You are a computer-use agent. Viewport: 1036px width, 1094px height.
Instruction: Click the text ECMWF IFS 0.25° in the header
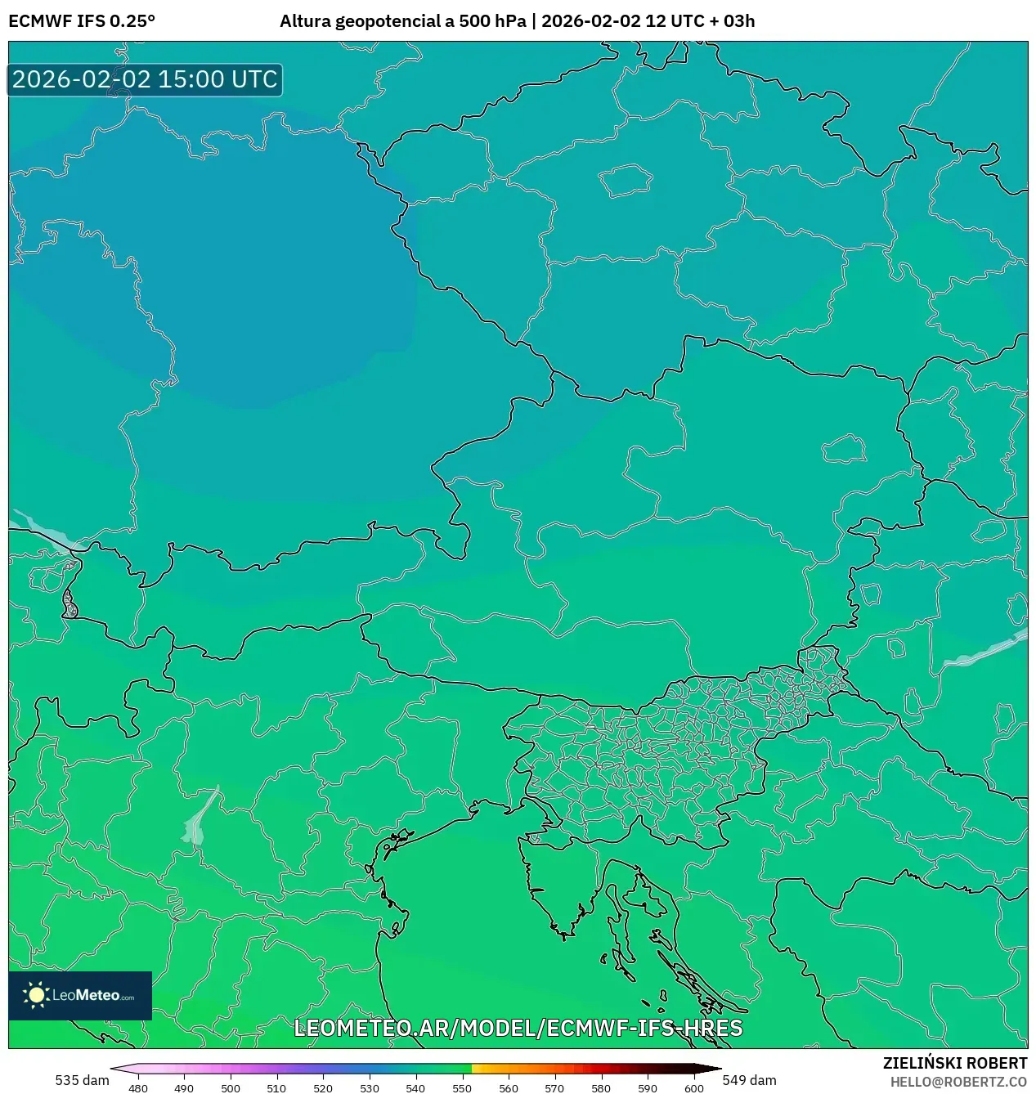click(82, 21)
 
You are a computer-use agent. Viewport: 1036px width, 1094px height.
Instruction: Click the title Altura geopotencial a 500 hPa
click(402, 21)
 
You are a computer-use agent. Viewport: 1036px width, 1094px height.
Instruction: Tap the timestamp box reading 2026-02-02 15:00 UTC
click(145, 80)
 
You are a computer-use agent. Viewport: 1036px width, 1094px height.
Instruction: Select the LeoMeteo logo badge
click(80, 995)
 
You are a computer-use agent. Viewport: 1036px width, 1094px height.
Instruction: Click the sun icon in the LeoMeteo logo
click(36, 994)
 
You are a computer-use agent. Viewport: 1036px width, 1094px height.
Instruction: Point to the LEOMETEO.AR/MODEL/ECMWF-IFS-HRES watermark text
click(518, 1028)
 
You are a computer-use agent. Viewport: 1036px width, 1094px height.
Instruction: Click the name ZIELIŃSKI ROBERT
click(954, 1063)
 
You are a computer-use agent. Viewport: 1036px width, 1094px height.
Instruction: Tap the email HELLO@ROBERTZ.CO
click(958, 1082)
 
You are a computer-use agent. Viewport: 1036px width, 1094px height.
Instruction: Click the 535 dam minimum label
click(82, 1080)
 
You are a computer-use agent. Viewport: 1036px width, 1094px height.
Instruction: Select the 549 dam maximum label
click(749, 1080)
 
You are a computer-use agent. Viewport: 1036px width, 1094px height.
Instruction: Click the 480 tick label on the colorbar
click(138, 1088)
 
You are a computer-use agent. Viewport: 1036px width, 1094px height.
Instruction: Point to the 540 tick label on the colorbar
click(415, 1088)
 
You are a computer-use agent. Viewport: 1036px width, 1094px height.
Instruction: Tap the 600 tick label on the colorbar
click(693, 1088)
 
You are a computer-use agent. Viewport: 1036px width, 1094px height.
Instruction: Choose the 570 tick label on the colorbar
click(554, 1088)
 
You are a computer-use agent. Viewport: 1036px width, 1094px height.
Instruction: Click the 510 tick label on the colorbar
click(276, 1088)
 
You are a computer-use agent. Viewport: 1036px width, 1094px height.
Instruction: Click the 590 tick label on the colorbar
click(647, 1088)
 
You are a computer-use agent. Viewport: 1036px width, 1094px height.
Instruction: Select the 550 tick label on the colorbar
click(462, 1088)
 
